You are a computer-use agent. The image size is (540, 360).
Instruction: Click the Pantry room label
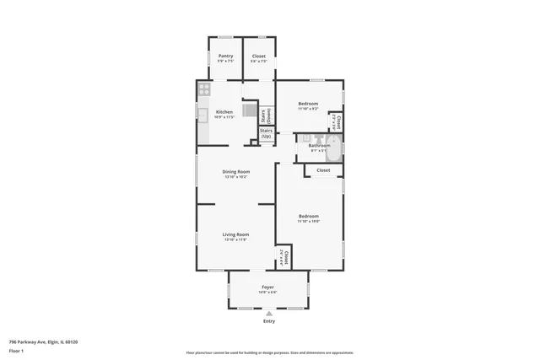tap(225, 56)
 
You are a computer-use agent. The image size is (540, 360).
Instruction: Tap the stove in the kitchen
tap(203, 88)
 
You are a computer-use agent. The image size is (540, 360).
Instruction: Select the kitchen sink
tap(202, 114)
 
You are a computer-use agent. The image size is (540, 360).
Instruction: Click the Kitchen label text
tap(224, 112)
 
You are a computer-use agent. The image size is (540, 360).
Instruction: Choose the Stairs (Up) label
tap(266, 133)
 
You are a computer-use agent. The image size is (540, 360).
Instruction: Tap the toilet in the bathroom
tap(310, 139)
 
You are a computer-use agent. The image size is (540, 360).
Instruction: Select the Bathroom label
tap(319, 146)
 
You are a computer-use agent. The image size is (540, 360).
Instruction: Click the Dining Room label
tap(236, 172)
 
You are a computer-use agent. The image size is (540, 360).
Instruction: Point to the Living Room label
tap(236, 234)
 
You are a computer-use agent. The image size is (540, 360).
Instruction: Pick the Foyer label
tap(267, 287)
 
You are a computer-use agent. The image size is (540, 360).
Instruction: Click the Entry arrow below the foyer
tap(269, 313)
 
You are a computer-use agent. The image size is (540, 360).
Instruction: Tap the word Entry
tap(269, 321)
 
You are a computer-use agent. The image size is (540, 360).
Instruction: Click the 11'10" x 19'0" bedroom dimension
tap(309, 221)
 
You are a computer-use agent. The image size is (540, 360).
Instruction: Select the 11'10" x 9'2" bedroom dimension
tap(308, 109)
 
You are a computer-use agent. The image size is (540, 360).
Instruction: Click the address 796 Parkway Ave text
tap(43, 341)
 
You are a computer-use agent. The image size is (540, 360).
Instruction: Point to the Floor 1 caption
tap(16, 350)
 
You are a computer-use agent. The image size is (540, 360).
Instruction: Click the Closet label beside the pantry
tap(259, 56)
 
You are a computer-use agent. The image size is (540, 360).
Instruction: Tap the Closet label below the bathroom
tap(323, 170)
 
